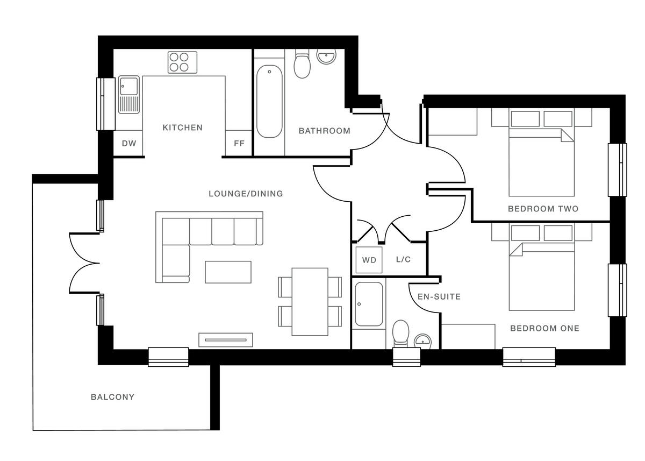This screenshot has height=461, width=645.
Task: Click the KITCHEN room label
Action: (x=183, y=127)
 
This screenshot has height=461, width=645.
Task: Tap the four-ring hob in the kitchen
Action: (x=182, y=62)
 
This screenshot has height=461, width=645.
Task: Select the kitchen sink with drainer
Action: (x=128, y=94)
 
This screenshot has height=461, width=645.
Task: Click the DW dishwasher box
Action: (x=128, y=144)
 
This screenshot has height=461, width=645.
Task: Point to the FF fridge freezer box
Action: (x=239, y=144)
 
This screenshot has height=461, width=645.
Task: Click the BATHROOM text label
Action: (x=324, y=131)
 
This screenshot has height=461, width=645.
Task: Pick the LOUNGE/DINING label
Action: (x=246, y=194)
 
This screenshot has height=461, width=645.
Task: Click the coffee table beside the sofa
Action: (x=228, y=272)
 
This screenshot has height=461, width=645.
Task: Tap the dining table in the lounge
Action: (x=310, y=301)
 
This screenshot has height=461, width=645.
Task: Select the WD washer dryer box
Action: (x=369, y=260)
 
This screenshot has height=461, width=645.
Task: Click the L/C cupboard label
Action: (x=403, y=259)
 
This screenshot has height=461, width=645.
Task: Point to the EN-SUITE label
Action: (x=439, y=296)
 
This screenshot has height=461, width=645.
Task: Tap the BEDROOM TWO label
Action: (x=543, y=209)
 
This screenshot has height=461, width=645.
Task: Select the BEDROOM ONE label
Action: (x=544, y=328)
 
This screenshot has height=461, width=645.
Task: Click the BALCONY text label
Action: (x=112, y=397)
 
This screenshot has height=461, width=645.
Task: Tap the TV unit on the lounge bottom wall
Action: (x=225, y=339)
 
